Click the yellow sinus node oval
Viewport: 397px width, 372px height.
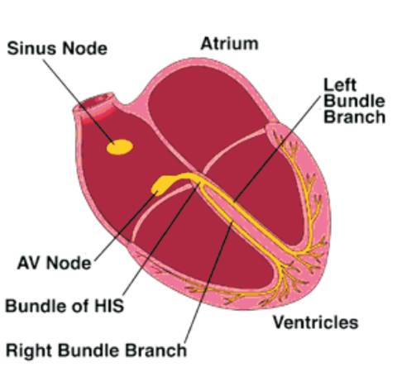click(120, 147)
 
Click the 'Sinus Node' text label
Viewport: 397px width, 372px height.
click(57, 48)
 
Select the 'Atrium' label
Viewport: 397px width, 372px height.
click(229, 44)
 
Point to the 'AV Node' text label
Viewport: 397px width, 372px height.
click(54, 263)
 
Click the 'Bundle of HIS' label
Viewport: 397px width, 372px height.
click(65, 306)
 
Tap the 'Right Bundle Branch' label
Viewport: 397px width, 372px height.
click(96, 351)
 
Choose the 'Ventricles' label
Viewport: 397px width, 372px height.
click(315, 322)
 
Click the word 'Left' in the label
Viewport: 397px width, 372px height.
click(340, 85)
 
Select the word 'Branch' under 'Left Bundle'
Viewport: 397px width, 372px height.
click(354, 117)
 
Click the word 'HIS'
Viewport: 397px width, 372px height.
click(109, 306)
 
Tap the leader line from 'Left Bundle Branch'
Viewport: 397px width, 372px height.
click(278, 147)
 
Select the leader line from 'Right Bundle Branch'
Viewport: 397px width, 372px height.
click(208, 282)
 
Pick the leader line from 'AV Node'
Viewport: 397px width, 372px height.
click(125, 227)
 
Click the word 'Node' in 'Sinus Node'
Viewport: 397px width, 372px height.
click(84, 48)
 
